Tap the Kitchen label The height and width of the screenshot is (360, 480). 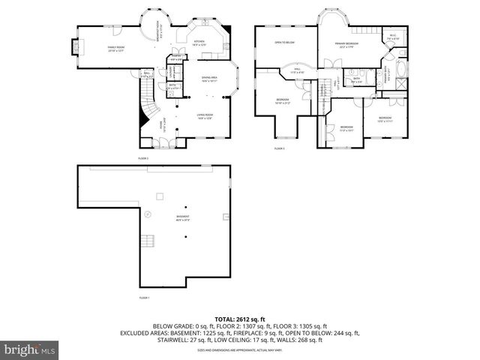click(x=199, y=43)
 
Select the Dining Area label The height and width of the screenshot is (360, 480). click(x=210, y=79)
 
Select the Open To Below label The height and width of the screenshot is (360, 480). click(x=284, y=43)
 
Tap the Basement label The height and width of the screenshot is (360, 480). click(x=182, y=220)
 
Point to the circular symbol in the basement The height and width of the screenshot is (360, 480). click(x=147, y=214)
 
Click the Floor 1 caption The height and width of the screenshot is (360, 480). click(x=144, y=298)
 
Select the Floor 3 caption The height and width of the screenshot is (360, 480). click(x=280, y=150)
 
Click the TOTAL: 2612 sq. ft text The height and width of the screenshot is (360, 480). click(x=240, y=319)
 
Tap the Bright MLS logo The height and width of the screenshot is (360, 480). click(x=30, y=349)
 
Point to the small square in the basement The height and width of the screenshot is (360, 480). click(x=159, y=196)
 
